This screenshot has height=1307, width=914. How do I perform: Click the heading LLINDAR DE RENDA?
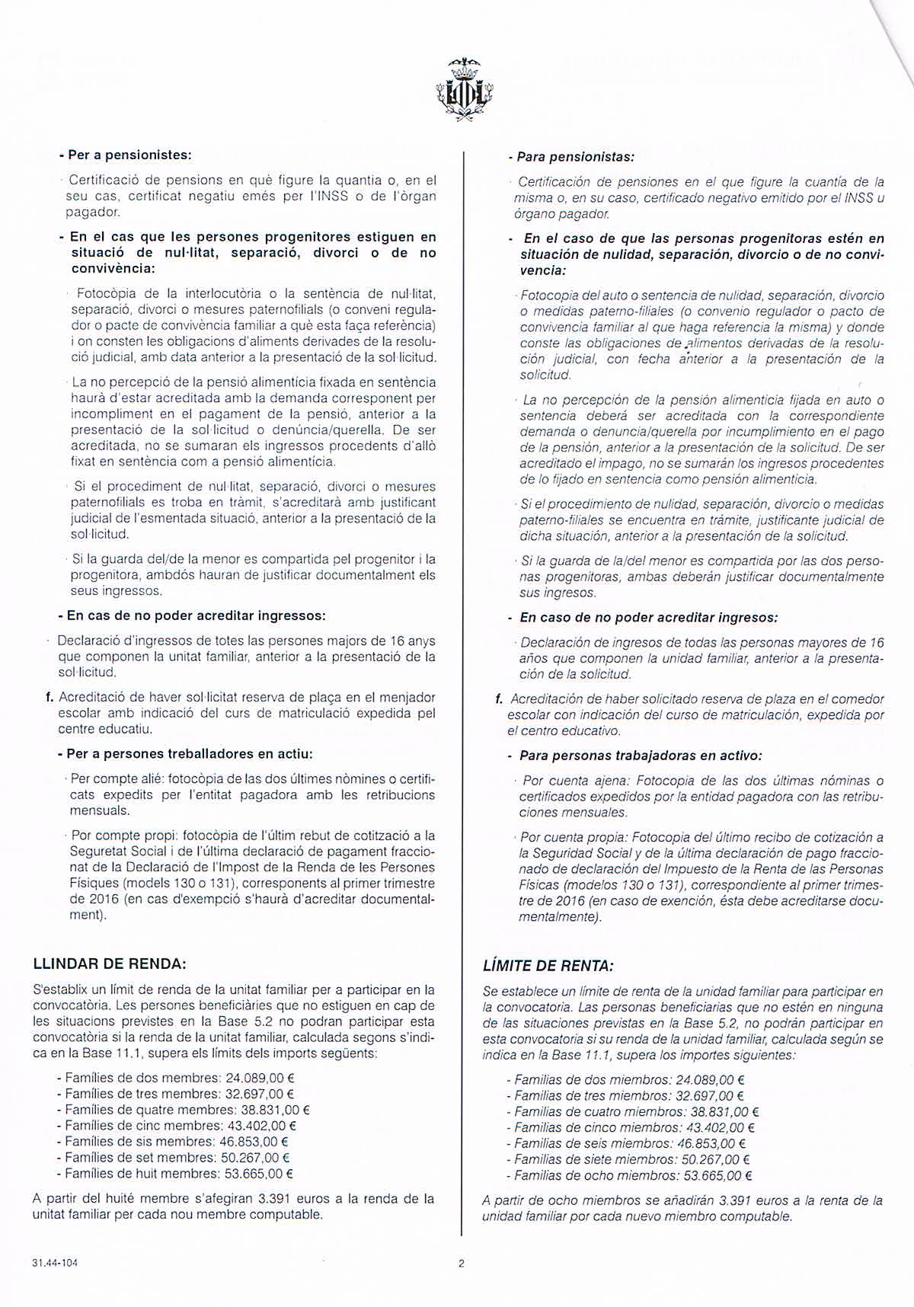pos(110,963)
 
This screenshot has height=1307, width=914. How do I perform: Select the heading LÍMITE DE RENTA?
pos(548,966)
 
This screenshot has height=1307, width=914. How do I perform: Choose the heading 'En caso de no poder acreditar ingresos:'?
pos(648,618)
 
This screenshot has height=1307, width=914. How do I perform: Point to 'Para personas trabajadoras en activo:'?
pos(641,756)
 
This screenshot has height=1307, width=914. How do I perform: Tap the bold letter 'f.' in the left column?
pos(50,696)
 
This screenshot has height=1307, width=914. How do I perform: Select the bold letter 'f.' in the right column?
pos(500,698)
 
